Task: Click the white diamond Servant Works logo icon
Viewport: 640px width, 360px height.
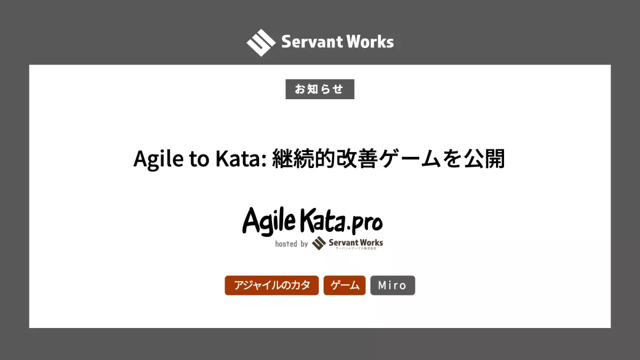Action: click(x=261, y=43)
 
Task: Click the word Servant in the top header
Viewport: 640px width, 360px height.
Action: click(x=312, y=42)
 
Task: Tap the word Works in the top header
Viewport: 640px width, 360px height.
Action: click(x=370, y=42)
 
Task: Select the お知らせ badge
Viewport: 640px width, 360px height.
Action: click(x=319, y=89)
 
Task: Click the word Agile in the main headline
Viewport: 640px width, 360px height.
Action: click(x=158, y=159)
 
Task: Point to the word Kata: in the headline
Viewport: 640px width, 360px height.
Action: click(x=241, y=158)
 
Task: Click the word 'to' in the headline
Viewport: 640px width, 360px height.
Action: click(x=199, y=159)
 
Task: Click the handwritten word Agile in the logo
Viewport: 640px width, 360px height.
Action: click(x=269, y=222)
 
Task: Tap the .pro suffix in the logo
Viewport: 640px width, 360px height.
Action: click(x=365, y=225)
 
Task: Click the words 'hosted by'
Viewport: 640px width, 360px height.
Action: click(x=291, y=244)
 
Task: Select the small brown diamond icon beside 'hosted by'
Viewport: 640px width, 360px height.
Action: click(x=318, y=243)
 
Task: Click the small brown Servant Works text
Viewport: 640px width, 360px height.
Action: click(x=356, y=243)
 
